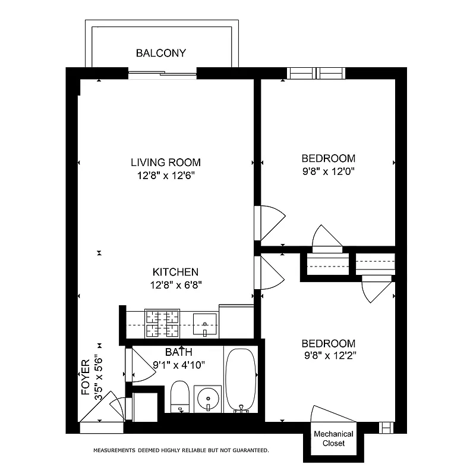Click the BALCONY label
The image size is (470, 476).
click(x=160, y=53)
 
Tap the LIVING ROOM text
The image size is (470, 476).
click(x=166, y=162)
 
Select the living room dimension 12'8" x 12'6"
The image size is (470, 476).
click(x=166, y=176)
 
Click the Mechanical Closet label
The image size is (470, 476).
click(x=333, y=439)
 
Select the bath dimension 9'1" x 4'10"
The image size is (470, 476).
click(x=179, y=365)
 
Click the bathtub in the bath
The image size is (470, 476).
click(x=241, y=379)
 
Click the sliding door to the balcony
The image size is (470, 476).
click(x=162, y=73)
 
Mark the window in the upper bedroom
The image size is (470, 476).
click(x=316, y=73)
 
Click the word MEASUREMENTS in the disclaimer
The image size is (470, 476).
click(x=115, y=450)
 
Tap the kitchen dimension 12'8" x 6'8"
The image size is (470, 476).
click(x=176, y=284)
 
